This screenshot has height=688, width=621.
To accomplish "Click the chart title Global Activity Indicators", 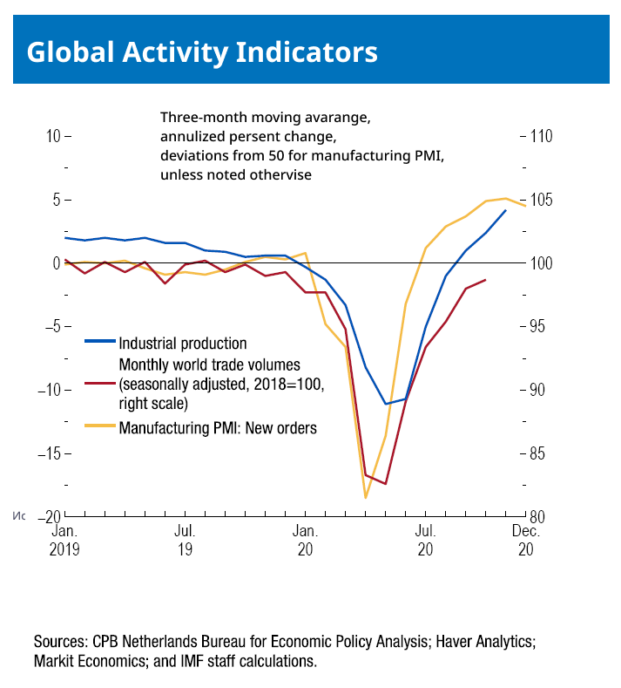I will tap(202, 52).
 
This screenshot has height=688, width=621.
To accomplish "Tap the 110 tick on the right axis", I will tap(541, 137).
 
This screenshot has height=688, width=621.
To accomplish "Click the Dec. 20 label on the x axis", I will tap(525, 541).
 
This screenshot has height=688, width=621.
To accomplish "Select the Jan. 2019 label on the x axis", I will tap(64, 541).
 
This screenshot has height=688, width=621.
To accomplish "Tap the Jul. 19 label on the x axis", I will tap(184, 541).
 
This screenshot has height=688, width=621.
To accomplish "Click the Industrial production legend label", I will tap(183, 344).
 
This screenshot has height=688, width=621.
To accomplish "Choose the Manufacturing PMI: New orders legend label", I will tap(218, 428).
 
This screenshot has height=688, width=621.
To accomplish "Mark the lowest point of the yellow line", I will tap(366, 498).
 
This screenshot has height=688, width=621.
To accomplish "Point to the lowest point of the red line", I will tap(386, 484).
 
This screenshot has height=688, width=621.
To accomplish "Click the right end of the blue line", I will tap(505, 210).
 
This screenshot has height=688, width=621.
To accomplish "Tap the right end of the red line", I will tap(485, 280).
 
